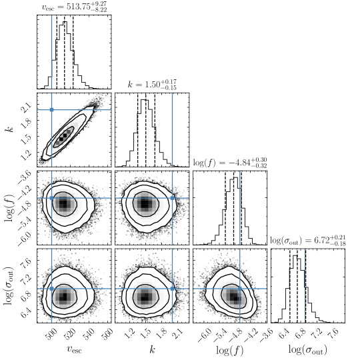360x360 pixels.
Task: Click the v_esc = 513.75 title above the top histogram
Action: [x=75, y=7]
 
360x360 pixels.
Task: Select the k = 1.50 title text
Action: [x=152, y=84]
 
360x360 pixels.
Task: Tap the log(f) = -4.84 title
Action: [x=230, y=162]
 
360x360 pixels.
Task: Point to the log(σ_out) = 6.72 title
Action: [x=308, y=241]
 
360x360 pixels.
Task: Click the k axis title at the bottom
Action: [x=152, y=350]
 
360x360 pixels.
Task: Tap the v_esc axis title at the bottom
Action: [x=74, y=349]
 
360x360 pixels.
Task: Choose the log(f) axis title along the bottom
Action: [x=230, y=350]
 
